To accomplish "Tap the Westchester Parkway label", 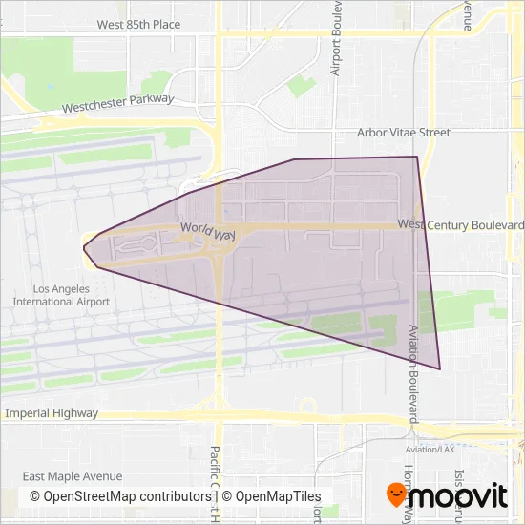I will (117, 103).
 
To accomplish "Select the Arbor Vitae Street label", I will (403, 133).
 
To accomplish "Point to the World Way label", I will (207, 232).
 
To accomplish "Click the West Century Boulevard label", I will (461, 224).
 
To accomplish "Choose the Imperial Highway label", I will (52, 413).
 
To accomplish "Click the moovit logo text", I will (458, 496).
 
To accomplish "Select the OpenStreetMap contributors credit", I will (120, 496).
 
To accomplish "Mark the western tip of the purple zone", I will (84, 247).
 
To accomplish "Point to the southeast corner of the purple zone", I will (440, 368).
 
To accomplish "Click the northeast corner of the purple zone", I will (416, 157).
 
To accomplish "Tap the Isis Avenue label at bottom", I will (459, 485).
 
